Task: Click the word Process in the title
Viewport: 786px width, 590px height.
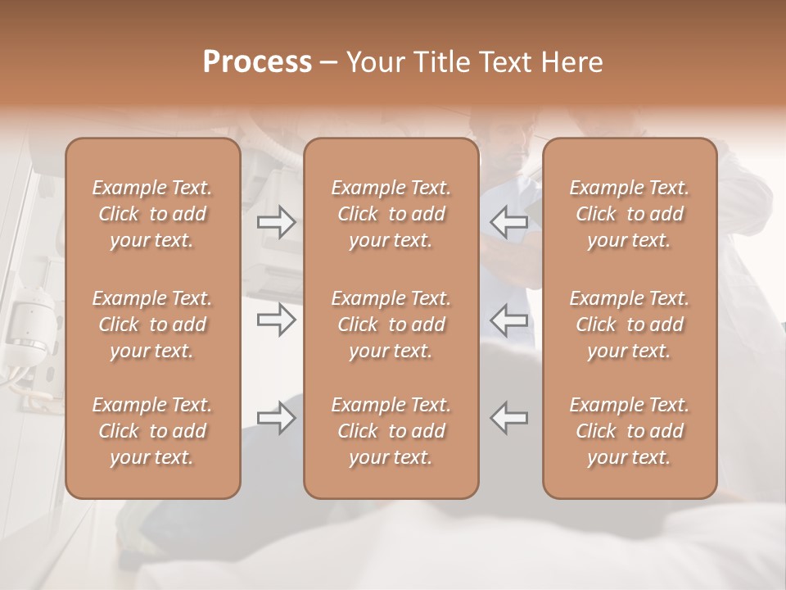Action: click(x=257, y=62)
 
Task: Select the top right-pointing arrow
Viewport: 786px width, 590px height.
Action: click(x=277, y=222)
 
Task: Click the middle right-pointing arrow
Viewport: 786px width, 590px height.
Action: click(x=277, y=320)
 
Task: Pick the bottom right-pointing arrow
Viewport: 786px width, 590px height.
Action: click(x=277, y=418)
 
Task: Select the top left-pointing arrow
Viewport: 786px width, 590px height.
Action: click(x=509, y=222)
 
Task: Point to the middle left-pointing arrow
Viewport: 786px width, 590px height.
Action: click(x=509, y=320)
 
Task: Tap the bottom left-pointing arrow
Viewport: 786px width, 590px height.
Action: click(x=509, y=418)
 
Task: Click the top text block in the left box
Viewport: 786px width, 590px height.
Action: click(x=152, y=214)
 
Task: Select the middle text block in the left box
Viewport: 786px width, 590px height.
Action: click(x=152, y=324)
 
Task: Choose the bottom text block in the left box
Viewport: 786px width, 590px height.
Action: click(x=152, y=431)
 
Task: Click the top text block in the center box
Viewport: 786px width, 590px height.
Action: click(x=391, y=214)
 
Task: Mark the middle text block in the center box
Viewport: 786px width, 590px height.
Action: click(x=391, y=324)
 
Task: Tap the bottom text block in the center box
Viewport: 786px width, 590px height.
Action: click(x=391, y=431)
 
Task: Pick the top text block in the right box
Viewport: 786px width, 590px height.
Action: click(x=630, y=214)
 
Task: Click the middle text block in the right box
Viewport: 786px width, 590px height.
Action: click(x=630, y=324)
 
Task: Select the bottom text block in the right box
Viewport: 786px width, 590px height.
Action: click(x=630, y=431)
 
